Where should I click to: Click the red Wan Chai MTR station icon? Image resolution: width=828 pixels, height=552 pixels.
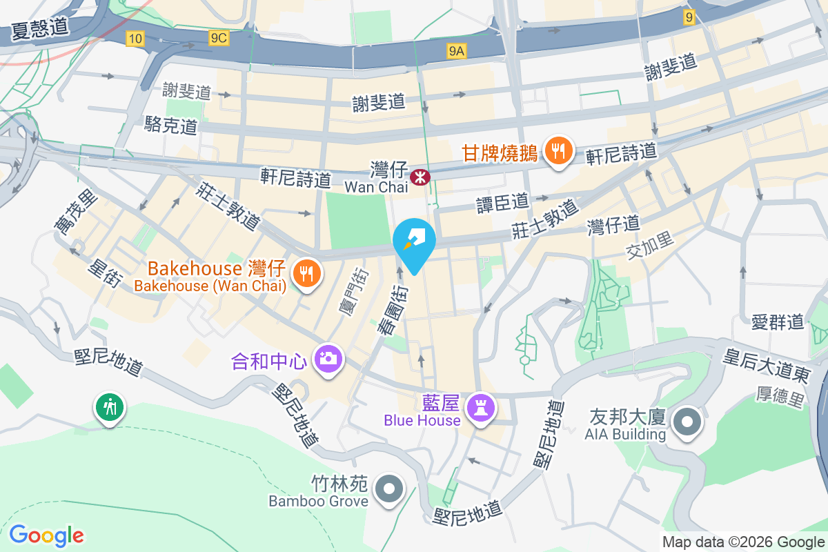[x=419, y=177]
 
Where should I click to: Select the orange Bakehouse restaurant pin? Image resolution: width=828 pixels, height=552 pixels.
[x=305, y=273]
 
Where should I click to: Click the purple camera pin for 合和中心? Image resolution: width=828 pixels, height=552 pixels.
[x=328, y=359]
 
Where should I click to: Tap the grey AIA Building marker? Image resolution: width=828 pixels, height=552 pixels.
[x=687, y=422]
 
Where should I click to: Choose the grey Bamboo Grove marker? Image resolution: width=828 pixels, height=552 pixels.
[x=389, y=489]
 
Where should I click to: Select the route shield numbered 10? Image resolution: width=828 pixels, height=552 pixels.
[x=135, y=39]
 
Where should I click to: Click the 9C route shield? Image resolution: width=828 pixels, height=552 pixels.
[x=219, y=39]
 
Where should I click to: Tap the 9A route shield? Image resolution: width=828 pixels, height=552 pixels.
[x=457, y=50]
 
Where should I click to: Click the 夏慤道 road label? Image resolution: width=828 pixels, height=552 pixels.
[x=40, y=28]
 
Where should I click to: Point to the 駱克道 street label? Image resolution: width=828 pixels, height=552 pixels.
[x=171, y=126]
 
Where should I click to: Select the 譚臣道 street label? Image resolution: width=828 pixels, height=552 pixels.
[x=502, y=202]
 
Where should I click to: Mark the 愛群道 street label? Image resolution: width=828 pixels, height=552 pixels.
[x=778, y=321]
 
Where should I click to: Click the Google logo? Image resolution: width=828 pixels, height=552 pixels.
[x=46, y=535]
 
